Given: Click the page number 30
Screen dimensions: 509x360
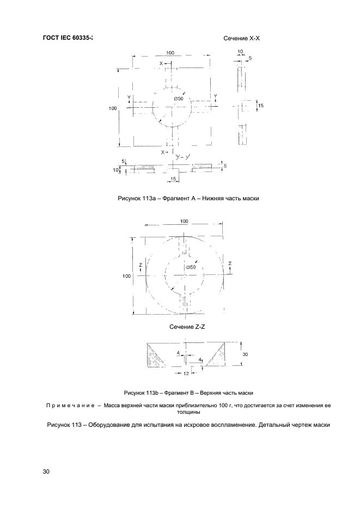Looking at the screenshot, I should click(46, 471).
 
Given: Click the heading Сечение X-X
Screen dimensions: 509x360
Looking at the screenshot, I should click(243, 39).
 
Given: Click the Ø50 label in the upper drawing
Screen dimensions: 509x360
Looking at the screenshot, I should click(179, 99).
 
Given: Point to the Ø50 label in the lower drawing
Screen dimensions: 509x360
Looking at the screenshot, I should click(190, 267).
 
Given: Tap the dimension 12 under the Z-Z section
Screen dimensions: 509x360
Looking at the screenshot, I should click(186, 373).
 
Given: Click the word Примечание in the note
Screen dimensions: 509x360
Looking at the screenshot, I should click(71, 406).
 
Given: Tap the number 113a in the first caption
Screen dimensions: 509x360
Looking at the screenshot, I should click(150, 199).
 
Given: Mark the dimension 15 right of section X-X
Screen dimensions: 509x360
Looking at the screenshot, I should click(260, 106).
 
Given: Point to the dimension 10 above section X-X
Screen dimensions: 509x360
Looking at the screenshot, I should click(240, 51).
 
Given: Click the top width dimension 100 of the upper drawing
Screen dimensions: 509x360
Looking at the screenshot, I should click(170, 53).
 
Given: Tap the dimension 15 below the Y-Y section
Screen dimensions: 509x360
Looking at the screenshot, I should click(173, 179).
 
